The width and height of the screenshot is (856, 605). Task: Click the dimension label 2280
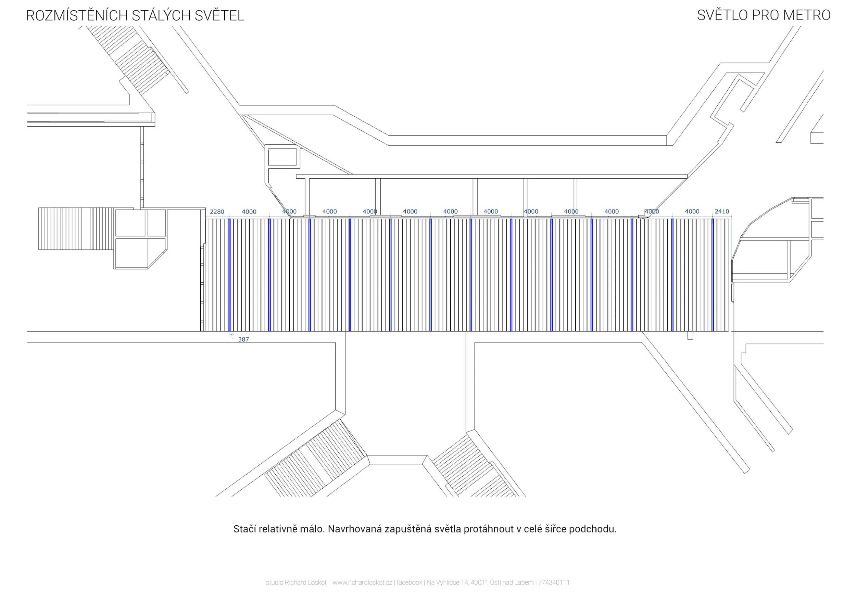tap(217, 211)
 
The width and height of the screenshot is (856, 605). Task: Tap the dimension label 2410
tap(722, 211)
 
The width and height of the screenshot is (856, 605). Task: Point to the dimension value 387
tap(243, 339)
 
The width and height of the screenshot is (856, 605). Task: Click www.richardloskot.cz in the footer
tap(362, 583)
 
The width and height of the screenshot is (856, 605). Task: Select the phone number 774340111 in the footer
tap(554, 583)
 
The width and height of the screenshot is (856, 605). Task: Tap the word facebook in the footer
tap(410, 583)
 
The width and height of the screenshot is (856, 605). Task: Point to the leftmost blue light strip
tap(229, 275)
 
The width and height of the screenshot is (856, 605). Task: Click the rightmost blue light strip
tap(713, 275)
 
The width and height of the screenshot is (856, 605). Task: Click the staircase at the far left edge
tap(65, 229)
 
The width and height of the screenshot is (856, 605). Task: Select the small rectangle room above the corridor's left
tap(282, 157)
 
